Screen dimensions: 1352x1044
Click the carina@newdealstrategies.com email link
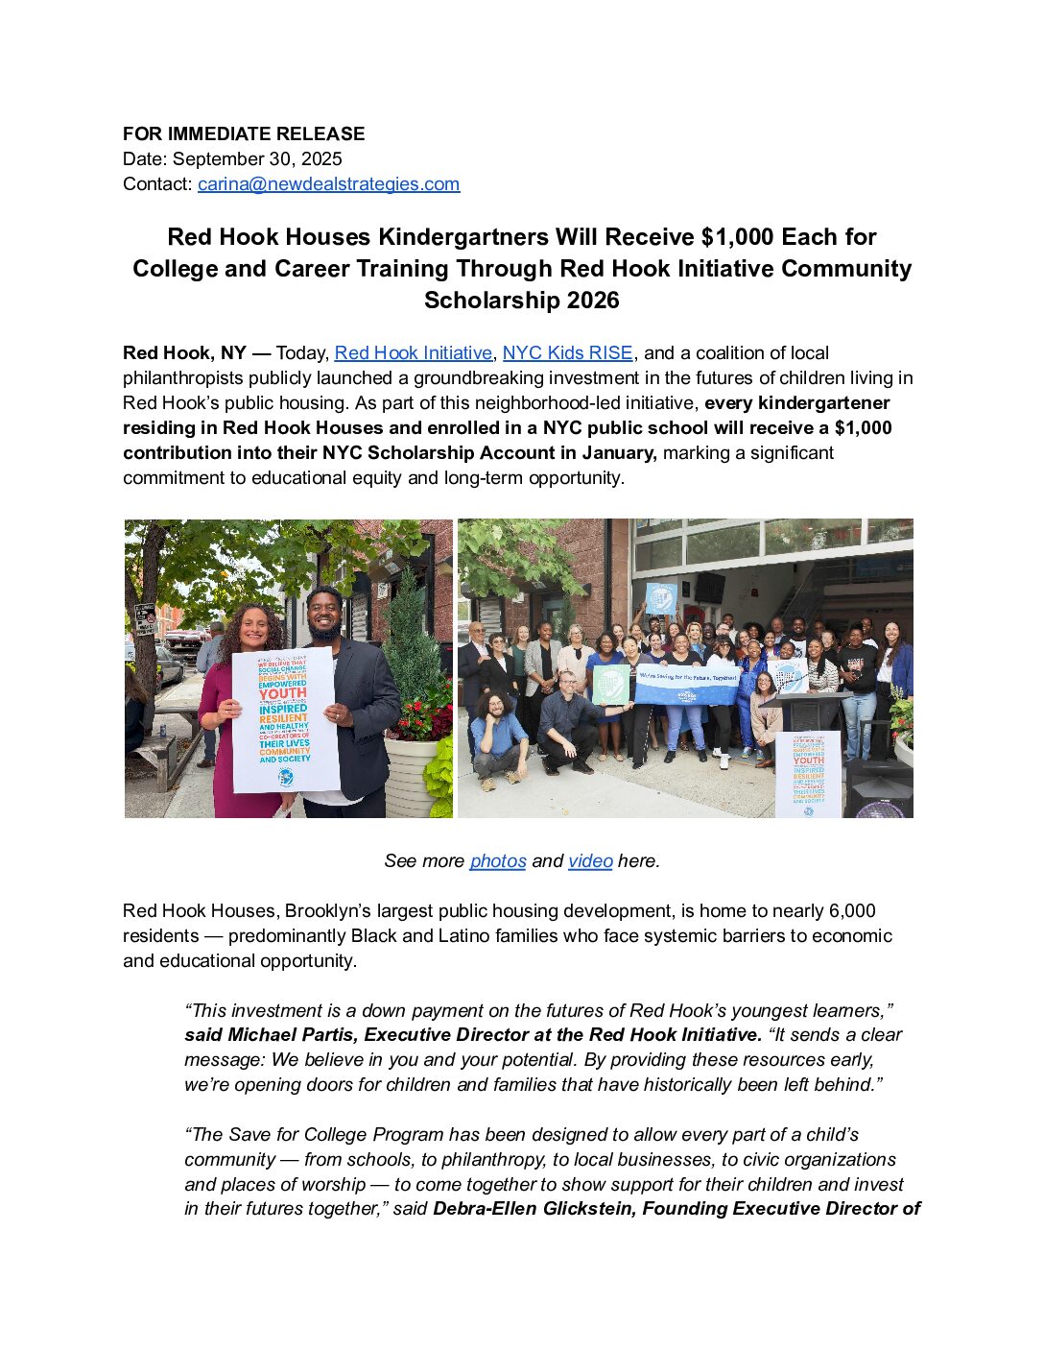pos(328,184)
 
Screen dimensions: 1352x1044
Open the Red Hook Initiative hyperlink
pos(413,353)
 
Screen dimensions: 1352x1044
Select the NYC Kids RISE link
pos(567,353)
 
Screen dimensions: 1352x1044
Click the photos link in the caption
pos(497,861)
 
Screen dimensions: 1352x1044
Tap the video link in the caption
pos(590,861)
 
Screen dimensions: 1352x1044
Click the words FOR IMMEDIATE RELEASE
pos(244,134)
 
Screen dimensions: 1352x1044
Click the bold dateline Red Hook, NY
pos(184,353)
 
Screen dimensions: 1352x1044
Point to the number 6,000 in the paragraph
pos(852,911)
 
